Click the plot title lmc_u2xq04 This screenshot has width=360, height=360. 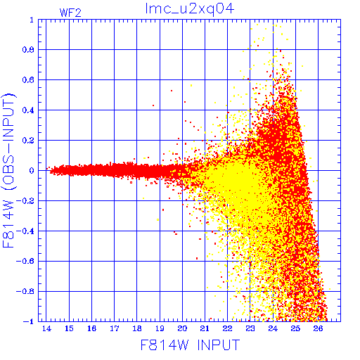[190, 9]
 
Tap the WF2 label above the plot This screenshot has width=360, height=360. [70, 13]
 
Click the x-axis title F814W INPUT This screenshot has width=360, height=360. [190, 345]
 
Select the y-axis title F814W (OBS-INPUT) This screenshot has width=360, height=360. [8, 171]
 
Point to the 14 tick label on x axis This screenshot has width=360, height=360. [46, 328]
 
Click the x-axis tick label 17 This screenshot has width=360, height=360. [115, 328]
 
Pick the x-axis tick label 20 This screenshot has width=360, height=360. [182, 328]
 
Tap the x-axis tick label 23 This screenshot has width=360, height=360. [250, 328]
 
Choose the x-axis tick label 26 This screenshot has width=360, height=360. [318, 328]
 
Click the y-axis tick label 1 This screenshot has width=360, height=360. [32, 20]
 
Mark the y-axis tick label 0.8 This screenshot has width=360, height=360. [28, 50]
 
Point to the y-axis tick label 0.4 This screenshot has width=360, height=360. [28, 110]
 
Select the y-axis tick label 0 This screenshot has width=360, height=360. [32, 171]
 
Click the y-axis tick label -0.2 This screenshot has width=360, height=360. [25, 201]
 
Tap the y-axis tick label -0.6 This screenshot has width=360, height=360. [25, 261]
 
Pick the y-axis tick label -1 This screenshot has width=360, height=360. [28, 321]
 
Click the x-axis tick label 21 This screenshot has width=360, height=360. [205, 328]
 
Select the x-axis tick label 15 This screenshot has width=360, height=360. [69, 328]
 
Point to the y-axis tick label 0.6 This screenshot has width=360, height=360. [28, 80]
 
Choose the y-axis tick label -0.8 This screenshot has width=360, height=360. [25, 291]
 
